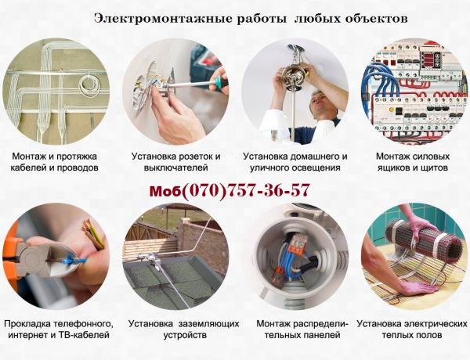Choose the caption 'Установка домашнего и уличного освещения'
[295, 161]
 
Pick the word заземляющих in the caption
[200, 323]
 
